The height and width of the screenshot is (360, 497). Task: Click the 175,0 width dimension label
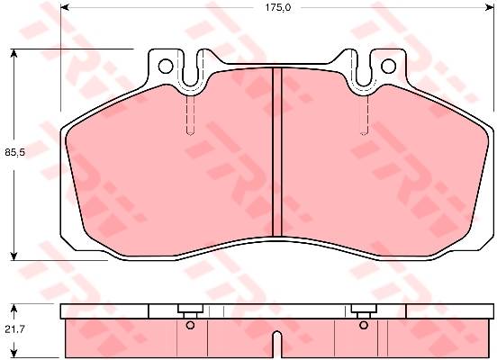(278, 7)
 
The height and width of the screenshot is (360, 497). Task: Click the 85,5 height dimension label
(15, 152)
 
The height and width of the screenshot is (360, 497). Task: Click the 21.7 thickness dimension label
(14, 329)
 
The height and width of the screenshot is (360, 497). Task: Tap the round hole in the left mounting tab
(166, 67)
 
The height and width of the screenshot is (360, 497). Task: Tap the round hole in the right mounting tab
(389, 66)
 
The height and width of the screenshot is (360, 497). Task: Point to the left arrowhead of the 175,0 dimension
(64, 7)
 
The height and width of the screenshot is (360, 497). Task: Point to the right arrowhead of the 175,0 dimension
(490, 7)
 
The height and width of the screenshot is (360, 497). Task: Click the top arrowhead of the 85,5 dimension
(14, 53)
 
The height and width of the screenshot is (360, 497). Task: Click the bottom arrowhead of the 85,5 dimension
(14, 256)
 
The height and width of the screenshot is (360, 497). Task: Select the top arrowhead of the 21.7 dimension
(14, 308)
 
